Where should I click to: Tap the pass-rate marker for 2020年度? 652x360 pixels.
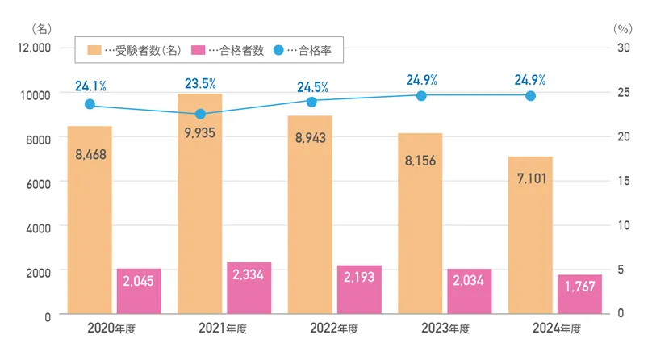(90, 104)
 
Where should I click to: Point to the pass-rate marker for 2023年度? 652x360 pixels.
(421, 95)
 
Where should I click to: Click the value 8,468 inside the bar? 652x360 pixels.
(90, 153)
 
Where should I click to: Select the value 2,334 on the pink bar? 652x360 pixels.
(249, 275)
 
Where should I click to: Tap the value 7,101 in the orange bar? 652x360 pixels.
(531, 177)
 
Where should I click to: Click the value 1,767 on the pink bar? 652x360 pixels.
(579, 286)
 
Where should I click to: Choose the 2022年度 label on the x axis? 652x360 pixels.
(333, 329)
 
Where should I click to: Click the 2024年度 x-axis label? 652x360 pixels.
(555, 329)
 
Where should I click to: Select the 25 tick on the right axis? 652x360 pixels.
(622, 93)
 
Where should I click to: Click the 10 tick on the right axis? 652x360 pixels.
(622, 225)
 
